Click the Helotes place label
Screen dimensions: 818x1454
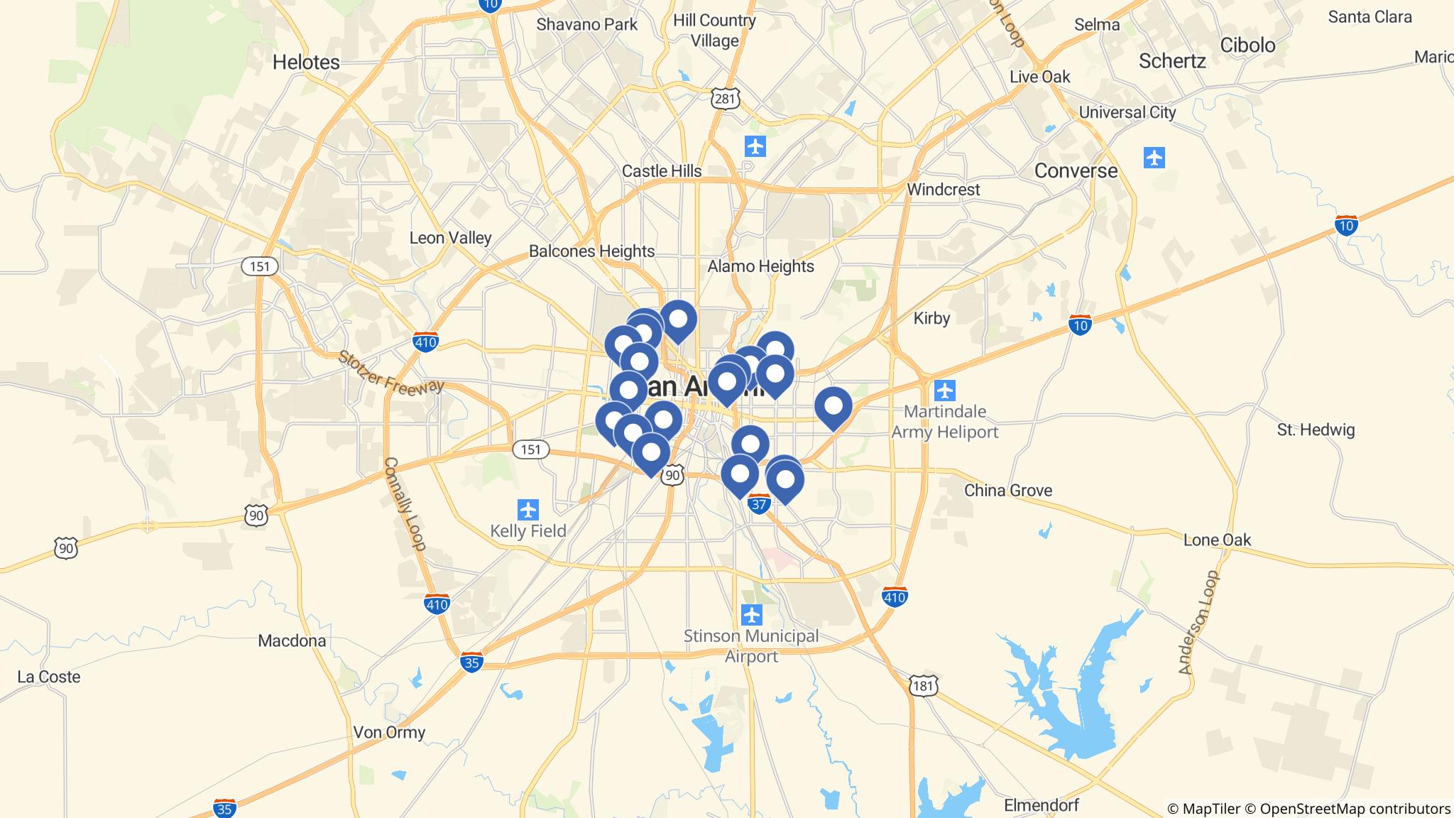(306, 62)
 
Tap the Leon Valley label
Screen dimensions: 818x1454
(450, 238)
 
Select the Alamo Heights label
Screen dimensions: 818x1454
(760, 266)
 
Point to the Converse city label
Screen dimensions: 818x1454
(1076, 170)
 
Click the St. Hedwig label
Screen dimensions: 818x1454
(1316, 430)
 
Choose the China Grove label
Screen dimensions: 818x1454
(1007, 491)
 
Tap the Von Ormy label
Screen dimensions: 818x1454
(389, 732)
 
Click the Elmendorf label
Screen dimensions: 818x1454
(1041, 805)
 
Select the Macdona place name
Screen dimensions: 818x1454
(292, 641)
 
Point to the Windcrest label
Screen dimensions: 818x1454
(943, 190)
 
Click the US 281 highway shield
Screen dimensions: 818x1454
(724, 99)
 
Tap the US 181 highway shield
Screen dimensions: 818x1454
(923, 685)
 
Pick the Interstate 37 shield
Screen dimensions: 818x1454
(759, 504)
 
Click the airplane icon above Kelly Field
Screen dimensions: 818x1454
(528, 509)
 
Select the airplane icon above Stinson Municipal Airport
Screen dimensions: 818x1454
(751, 614)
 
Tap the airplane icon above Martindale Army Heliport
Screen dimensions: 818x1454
(944, 391)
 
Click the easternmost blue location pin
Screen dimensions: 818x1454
(833, 407)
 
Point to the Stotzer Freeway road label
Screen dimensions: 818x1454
(390, 371)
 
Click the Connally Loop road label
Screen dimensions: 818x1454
(405, 504)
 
